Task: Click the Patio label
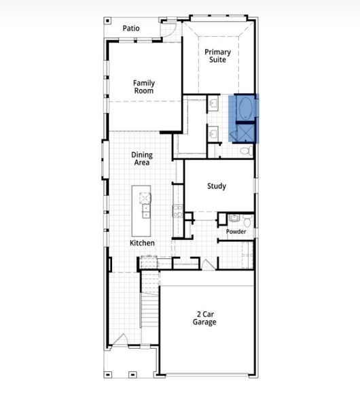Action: click(131, 28)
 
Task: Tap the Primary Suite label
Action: click(218, 56)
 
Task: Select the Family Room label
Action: click(143, 86)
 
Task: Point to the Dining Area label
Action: click(142, 158)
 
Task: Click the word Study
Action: click(217, 186)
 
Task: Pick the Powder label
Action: click(236, 232)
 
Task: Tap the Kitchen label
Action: click(143, 243)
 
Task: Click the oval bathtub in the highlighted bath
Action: click(244, 109)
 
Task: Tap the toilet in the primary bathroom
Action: click(246, 150)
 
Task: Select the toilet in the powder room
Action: click(248, 222)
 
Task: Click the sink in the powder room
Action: click(234, 218)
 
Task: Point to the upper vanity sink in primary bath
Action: click(213, 104)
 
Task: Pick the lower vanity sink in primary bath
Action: click(213, 132)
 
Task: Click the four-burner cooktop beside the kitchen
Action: click(178, 211)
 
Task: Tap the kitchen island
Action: click(144, 202)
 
